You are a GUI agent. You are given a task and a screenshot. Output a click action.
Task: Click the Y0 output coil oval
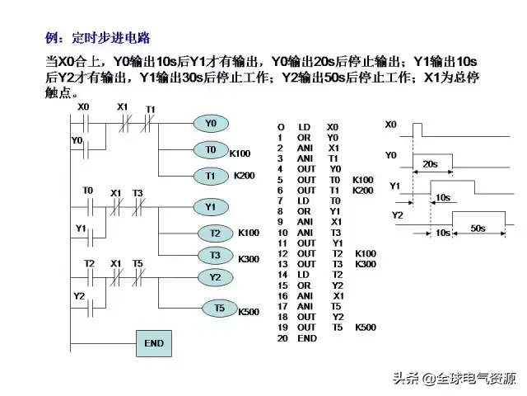tap(211, 124)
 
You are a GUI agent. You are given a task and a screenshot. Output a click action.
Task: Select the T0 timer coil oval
tap(211, 150)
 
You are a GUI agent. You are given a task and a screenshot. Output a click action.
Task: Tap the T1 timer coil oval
tap(211, 176)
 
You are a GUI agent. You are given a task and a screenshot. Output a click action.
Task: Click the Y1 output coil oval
tap(211, 206)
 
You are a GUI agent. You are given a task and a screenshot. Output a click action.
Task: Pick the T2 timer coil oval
tap(216, 233)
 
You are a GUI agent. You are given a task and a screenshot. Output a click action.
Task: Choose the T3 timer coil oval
tap(216, 256)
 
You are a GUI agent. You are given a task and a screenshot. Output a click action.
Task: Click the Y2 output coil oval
tap(216, 277)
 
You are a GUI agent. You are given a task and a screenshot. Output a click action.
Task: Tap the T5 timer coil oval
tap(219, 308)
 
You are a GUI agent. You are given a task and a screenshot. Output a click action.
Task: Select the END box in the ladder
tap(154, 343)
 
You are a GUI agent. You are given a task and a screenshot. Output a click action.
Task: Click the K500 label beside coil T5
tap(249, 312)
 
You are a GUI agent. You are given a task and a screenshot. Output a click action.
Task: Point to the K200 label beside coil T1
tap(245, 176)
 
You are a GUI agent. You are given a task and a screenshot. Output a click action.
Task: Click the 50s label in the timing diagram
tap(478, 227)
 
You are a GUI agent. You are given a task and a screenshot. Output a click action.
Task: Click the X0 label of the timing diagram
tap(391, 124)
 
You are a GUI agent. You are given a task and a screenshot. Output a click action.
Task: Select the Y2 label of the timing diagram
tap(397, 215)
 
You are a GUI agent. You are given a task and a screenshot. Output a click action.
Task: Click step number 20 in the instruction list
tap(282, 338)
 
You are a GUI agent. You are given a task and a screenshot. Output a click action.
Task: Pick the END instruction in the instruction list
tap(306, 338)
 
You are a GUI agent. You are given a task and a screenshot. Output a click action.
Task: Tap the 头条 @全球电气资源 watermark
tap(454, 379)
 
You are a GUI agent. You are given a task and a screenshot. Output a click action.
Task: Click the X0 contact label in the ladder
tap(83, 107)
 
